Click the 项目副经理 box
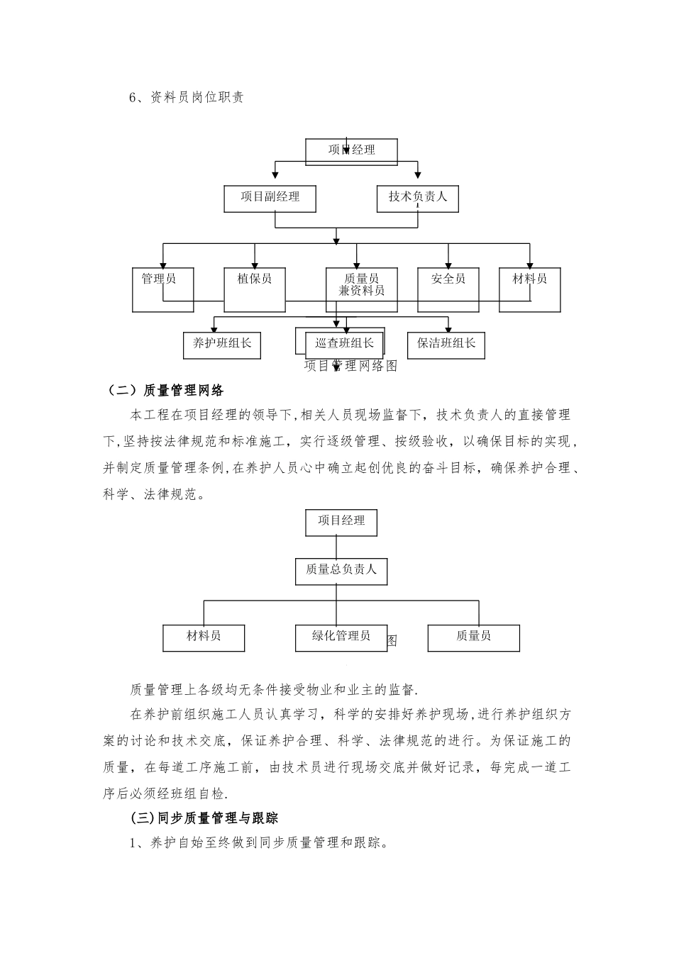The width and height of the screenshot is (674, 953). [270, 199]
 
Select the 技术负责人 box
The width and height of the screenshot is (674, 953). [417, 199]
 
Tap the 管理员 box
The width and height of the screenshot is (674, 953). [162, 289]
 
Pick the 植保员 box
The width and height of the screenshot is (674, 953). [255, 289]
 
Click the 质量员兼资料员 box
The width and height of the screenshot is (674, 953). [362, 289]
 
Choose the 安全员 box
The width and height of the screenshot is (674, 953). [448, 289]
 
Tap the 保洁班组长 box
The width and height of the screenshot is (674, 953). [446, 345]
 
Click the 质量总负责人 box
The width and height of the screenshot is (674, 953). [341, 570]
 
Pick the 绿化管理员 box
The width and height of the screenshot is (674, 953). [341, 637]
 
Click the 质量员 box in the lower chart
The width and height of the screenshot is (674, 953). [473, 637]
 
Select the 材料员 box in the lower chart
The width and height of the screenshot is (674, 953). [204, 637]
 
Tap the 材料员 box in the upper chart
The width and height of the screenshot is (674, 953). [529, 289]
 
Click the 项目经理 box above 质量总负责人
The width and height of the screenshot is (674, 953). [341, 522]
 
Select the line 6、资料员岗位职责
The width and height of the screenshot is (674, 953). [187, 98]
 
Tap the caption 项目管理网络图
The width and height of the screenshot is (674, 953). [350, 366]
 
